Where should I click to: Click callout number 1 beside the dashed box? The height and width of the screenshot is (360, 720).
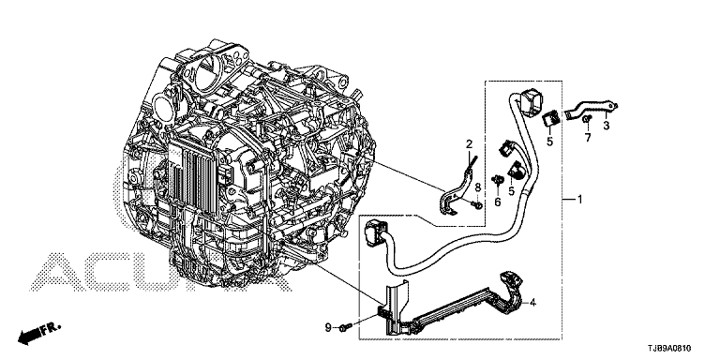[579, 200]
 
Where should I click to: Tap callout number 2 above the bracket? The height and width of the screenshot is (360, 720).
[469, 144]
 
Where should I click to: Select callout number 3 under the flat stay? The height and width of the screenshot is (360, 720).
[607, 126]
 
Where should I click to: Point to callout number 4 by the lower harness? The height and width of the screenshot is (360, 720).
[532, 302]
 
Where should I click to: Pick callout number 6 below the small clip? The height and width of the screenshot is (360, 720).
[497, 202]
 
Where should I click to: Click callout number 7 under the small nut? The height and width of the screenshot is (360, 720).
[588, 137]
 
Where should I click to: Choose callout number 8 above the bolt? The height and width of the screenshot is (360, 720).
[477, 187]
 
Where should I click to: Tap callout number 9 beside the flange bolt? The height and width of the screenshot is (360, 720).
[328, 327]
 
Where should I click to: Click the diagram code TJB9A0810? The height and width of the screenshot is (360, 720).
[669, 349]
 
